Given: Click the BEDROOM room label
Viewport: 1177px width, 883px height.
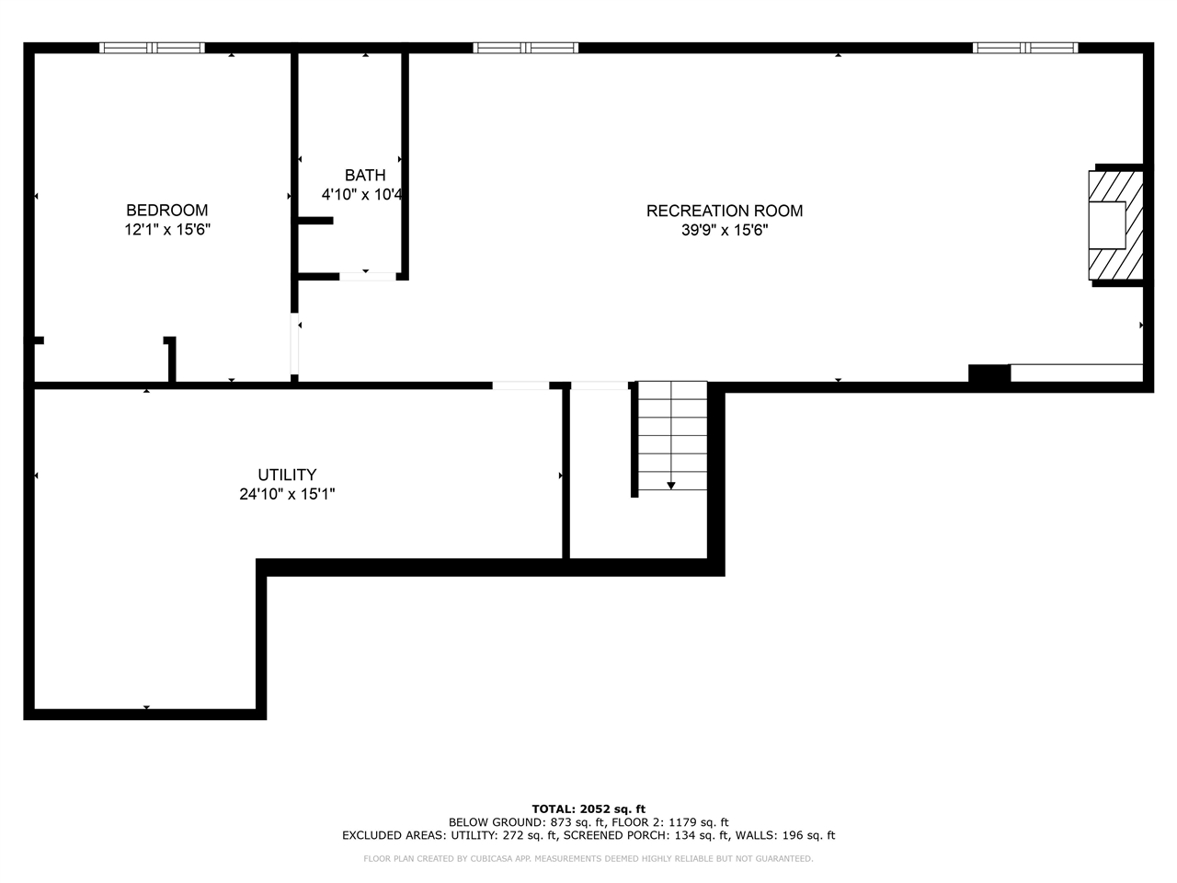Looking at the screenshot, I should [x=167, y=210].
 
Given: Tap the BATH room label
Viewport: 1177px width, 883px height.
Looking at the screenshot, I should [x=365, y=175].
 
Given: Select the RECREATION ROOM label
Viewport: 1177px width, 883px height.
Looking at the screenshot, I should [x=725, y=211].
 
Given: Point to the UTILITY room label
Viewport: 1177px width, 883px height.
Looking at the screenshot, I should [x=287, y=475].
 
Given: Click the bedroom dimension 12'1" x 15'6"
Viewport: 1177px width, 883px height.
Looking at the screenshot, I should [x=167, y=230].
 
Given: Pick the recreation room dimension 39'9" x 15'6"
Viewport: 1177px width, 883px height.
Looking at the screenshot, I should [x=725, y=231].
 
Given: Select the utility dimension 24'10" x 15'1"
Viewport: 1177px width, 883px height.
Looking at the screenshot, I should [x=287, y=495].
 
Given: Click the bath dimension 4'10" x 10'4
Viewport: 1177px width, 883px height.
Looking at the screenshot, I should [x=362, y=195].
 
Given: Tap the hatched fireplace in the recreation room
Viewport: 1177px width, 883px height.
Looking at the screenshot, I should [x=1116, y=225].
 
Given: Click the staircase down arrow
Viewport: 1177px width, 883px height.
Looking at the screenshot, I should [x=671, y=484].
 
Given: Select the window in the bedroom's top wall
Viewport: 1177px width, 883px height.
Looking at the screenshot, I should [x=152, y=48].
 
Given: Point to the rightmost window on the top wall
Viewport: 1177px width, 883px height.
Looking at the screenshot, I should [x=1025, y=48].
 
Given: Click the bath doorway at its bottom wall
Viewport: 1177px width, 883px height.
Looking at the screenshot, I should [x=367, y=275].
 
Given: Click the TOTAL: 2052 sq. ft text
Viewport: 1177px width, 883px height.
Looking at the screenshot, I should [x=588, y=809].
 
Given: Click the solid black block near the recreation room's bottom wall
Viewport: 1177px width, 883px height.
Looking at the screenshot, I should [x=988, y=373].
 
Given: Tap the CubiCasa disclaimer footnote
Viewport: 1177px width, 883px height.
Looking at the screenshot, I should [x=588, y=859].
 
